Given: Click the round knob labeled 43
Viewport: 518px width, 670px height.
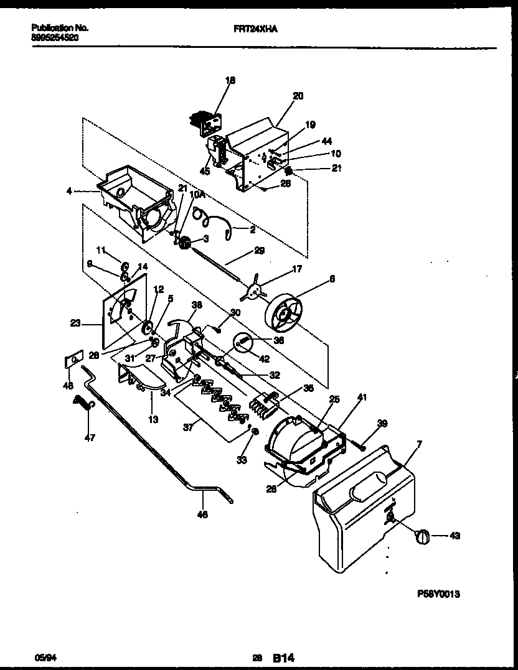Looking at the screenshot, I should point(423,536).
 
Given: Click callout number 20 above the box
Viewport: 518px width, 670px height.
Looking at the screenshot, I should point(298,96).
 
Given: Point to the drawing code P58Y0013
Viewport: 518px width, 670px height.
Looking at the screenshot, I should point(438,594).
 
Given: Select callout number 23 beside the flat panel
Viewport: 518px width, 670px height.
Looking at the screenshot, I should point(76,323).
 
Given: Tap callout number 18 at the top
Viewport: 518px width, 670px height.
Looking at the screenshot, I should point(230,80).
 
